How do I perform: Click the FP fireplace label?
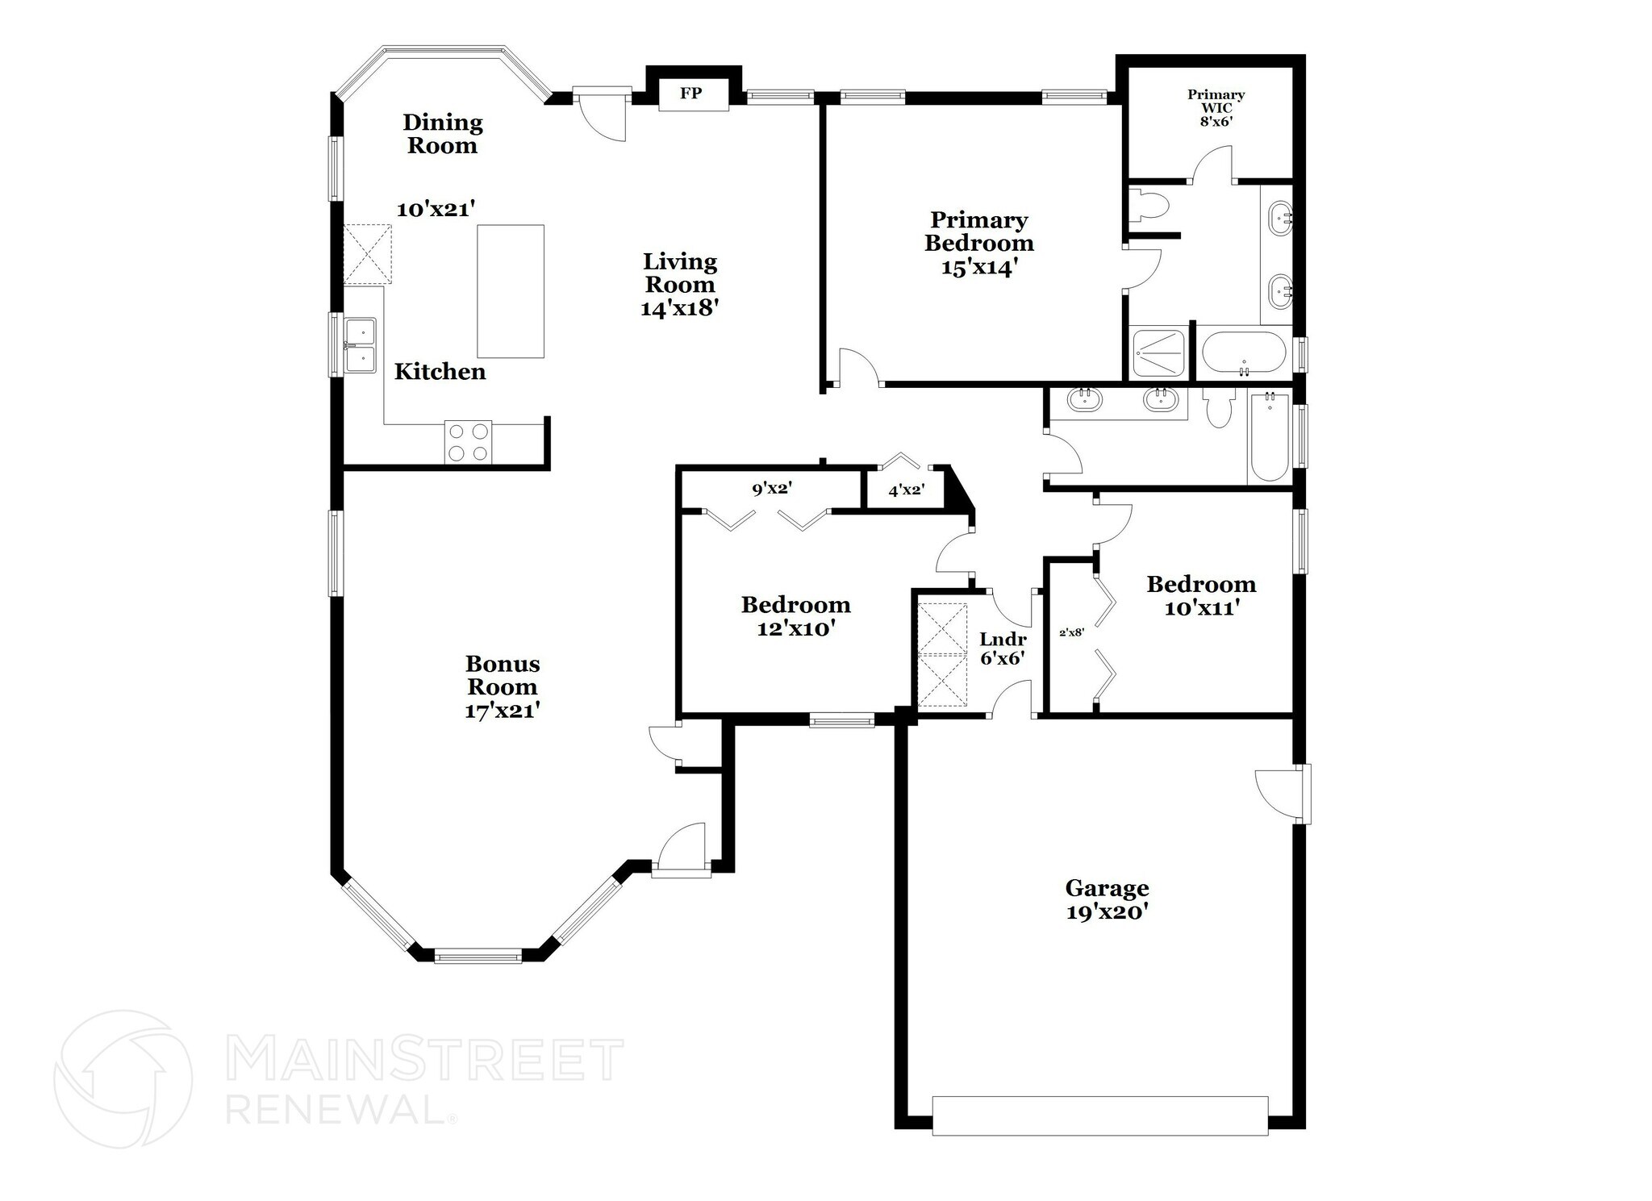[x=690, y=93]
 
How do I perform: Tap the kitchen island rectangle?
[x=510, y=291]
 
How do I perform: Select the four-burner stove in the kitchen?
[x=469, y=443]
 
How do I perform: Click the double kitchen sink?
[x=360, y=345]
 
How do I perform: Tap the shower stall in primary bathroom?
[x=1158, y=352]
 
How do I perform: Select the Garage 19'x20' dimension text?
[x=1106, y=912]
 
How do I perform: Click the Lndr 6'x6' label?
[x=1003, y=648]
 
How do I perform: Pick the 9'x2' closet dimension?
[x=772, y=488]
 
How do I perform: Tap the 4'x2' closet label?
[x=905, y=489]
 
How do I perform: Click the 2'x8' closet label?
[x=1071, y=632]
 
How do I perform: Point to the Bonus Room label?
[x=503, y=675]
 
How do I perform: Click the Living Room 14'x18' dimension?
[x=679, y=308]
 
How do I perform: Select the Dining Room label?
[x=443, y=134]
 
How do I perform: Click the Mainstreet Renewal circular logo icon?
[x=123, y=1078]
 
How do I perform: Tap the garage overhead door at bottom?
[x=1099, y=1116]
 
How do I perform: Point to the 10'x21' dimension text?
[x=436, y=209]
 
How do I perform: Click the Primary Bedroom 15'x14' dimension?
[x=978, y=267]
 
